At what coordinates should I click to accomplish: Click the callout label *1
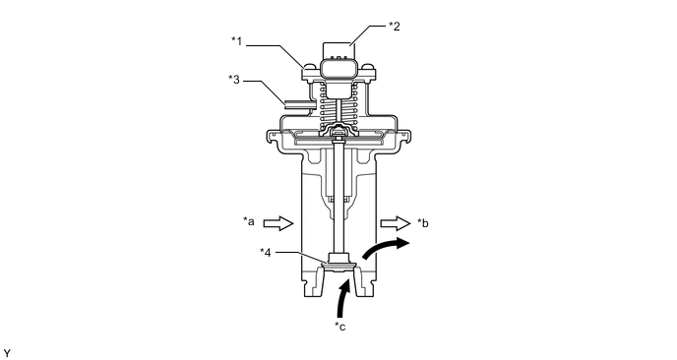236,41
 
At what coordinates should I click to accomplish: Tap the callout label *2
395,27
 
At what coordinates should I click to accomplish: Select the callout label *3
234,80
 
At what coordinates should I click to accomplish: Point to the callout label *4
266,253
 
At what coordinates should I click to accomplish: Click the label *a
249,222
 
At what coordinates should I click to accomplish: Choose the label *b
423,222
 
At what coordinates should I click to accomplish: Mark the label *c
340,327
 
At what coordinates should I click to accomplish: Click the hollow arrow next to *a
278,223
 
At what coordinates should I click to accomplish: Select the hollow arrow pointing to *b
395,223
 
